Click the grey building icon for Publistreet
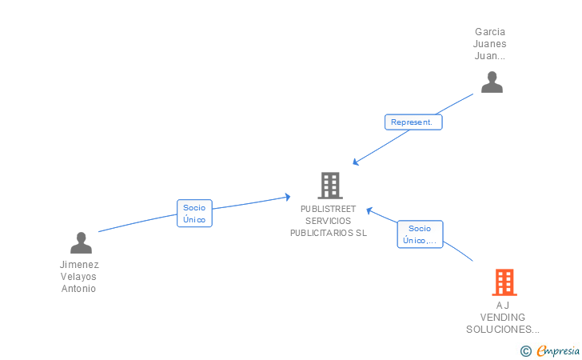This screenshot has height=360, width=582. [x=329, y=186]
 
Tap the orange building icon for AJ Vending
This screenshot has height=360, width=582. [x=504, y=282]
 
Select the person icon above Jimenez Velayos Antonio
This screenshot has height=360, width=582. [x=81, y=242]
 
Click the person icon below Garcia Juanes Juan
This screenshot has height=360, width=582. [x=492, y=82]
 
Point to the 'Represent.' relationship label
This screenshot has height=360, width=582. [x=413, y=122]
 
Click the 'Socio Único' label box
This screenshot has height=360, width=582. [x=194, y=214]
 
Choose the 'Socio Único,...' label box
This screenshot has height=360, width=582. [x=420, y=234]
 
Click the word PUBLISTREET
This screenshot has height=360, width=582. [x=329, y=209]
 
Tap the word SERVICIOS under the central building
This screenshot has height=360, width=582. [x=329, y=221]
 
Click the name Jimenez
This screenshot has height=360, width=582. [x=79, y=265]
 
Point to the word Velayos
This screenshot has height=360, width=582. [x=78, y=277]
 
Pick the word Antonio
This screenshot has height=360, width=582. [x=78, y=289]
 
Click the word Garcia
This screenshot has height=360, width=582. [x=490, y=33]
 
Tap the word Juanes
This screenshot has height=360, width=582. [x=490, y=45]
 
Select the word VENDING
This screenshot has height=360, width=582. [x=503, y=318]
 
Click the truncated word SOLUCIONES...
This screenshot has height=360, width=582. [x=502, y=330]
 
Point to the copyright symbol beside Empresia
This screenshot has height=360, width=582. [x=526, y=350]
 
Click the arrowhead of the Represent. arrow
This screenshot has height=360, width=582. [x=356, y=163]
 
